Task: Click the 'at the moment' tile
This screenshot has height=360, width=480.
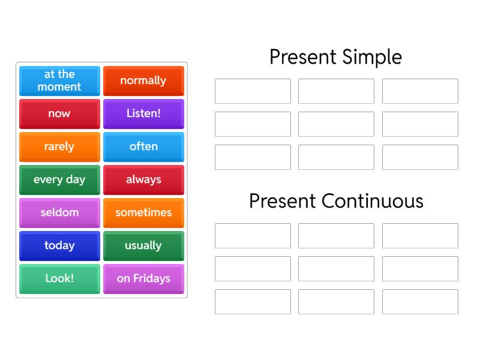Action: point(59,80)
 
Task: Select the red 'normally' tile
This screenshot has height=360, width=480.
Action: point(143,80)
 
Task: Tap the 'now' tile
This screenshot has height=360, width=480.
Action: point(59,113)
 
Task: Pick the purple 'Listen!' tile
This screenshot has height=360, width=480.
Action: point(143,113)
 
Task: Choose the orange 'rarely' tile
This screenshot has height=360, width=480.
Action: point(59,146)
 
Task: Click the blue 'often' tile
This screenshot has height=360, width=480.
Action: point(143,146)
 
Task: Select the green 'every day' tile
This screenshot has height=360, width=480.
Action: point(59,179)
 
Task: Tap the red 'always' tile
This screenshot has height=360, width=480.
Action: point(143,179)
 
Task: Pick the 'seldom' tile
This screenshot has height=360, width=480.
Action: point(59,212)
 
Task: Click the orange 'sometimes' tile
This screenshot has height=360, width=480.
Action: point(143,212)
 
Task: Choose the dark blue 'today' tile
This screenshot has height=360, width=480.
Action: point(59,245)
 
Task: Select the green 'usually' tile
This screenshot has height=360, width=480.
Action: point(143,245)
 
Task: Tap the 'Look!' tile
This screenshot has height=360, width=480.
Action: point(59,278)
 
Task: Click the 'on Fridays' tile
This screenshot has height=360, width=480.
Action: point(143,278)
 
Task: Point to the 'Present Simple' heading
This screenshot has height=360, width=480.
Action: point(335,57)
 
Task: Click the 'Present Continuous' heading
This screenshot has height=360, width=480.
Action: point(336,201)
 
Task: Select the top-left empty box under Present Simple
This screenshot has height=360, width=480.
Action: point(253,91)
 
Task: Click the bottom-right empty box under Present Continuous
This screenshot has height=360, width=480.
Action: point(420,302)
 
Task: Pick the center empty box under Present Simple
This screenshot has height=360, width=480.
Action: point(336,124)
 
